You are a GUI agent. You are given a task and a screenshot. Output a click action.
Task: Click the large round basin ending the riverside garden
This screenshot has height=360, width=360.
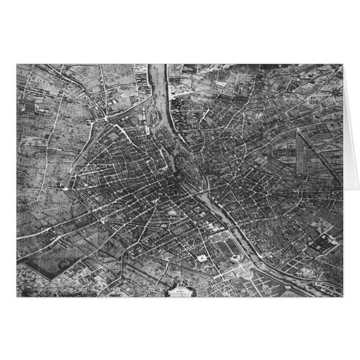click(235, 258)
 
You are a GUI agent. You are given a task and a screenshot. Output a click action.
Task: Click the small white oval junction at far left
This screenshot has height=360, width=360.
click(67, 189)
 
